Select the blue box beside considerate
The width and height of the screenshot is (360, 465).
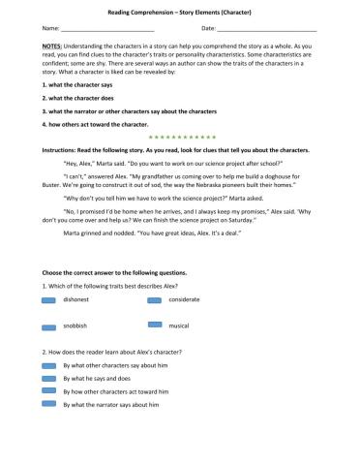tap(154, 300)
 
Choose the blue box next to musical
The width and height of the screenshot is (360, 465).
tap(154, 328)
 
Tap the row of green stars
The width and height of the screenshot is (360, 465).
tap(180, 139)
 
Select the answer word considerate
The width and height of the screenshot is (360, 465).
tap(184, 300)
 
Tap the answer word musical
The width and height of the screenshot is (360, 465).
tap(179, 328)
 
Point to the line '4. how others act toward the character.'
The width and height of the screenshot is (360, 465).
tap(95, 125)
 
